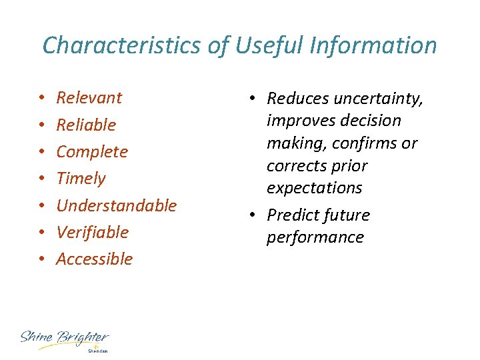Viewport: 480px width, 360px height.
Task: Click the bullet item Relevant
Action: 89,98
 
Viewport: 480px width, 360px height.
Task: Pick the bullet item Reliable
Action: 86,125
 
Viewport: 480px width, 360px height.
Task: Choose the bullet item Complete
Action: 92,151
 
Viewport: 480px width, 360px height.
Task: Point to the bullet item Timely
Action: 81,178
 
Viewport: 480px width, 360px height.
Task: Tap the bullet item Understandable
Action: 117,205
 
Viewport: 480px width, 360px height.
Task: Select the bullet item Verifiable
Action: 92,232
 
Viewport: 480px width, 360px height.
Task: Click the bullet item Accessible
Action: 95,259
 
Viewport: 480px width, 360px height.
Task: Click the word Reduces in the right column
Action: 298,99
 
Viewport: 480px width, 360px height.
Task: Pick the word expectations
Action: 314,188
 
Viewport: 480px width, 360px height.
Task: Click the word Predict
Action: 294,215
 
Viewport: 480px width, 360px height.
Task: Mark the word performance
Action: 315,238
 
